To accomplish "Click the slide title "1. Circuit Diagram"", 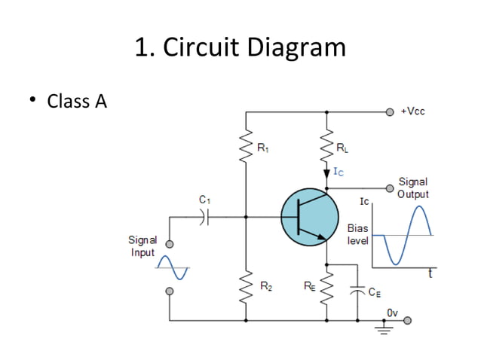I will (x=240, y=48).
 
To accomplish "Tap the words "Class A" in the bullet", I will (x=77, y=101).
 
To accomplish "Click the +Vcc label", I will (x=412, y=111).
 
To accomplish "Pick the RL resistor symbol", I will (x=326, y=148).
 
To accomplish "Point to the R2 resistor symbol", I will (x=246, y=285).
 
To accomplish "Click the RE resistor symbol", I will (x=326, y=285).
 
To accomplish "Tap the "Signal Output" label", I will (x=412, y=188).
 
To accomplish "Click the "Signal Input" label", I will (x=142, y=246).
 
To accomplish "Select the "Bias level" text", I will (x=357, y=233).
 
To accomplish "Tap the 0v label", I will (x=392, y=311).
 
